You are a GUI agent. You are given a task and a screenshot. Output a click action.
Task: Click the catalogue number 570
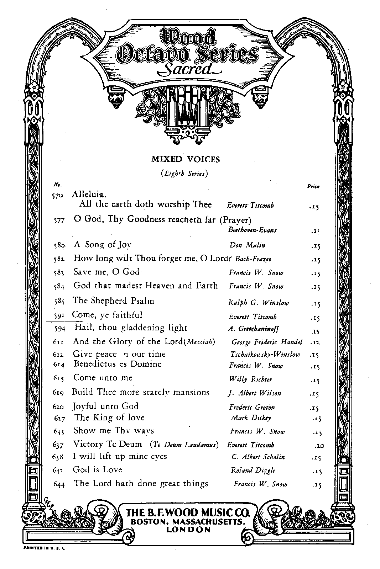pyautogui.click(x=57, y=196)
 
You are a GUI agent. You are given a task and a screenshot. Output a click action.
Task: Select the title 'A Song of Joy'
pyautogui.click(x=103, y=245)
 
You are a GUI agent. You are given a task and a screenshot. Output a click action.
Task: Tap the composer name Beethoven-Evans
pyautogui.click(x=252, y=230)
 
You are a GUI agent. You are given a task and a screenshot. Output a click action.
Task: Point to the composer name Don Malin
pyautogui.click(x=247, y=245)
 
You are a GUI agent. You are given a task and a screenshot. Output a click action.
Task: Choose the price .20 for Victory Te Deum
pyautogui.click(x=319, y=445)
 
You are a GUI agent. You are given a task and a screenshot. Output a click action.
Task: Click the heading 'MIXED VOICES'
pyautogui.click(x=186, y=159)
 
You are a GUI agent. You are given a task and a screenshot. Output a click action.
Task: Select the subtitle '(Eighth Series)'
pyautogui.click(x=184, y=174)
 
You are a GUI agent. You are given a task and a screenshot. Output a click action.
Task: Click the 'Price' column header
pyautogui.click(x=313, y=186)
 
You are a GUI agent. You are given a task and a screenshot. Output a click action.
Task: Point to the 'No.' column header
pyautogui.click(x=57, y=185)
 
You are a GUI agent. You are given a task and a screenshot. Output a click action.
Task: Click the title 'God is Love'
pyautogui.click(x=97, y=469)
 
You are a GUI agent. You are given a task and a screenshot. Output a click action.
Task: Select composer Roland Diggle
pyautogui.click(x=253, y=470)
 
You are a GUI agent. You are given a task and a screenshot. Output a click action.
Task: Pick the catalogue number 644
pyautogui.click(x=58, y=484)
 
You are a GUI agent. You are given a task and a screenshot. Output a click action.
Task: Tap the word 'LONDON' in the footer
pyautogui.click(x=188, y=530)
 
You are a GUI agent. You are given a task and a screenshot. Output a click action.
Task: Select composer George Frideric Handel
pyautogui.click(x=267, y=342)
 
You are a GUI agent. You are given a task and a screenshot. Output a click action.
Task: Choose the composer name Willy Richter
pyautogui.click(x=250, y=379)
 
